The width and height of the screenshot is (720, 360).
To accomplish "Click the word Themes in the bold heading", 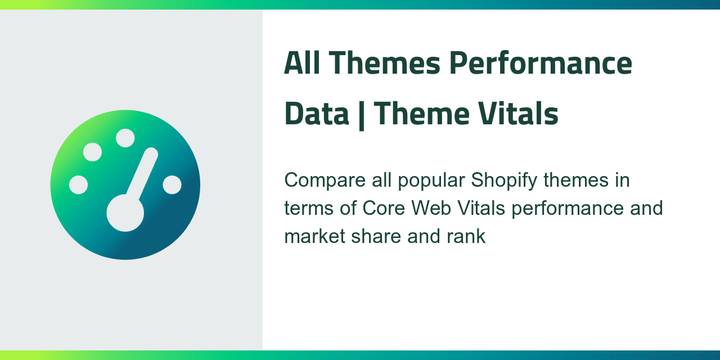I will point(384,63).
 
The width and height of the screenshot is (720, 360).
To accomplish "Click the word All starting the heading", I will point(302,63).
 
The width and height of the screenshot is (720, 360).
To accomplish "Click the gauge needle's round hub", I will point(125,213).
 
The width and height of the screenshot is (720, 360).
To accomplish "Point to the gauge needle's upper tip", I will point(151,154).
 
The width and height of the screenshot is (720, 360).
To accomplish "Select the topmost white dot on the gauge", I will point(125,138).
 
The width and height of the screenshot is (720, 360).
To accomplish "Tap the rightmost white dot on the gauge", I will point(172,184).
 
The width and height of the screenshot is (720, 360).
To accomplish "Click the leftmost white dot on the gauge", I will point(78,184).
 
